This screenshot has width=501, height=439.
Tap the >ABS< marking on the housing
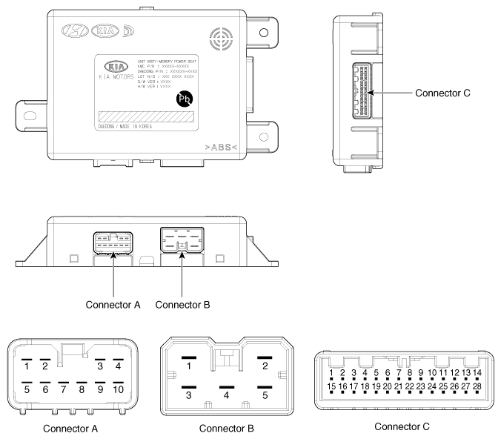[220, 147]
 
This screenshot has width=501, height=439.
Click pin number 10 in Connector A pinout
[118, 388]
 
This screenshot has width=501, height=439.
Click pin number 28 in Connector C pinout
[477, 386]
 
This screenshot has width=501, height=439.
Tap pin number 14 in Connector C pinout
[477, 372]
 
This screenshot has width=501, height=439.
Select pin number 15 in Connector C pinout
[332, 386]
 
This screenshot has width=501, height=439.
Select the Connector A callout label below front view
[113, 305]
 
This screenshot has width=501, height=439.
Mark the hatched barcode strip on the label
[147, 117]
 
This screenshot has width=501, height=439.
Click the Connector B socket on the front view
[182, 242]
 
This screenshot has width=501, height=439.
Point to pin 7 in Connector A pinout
[63, 388]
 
